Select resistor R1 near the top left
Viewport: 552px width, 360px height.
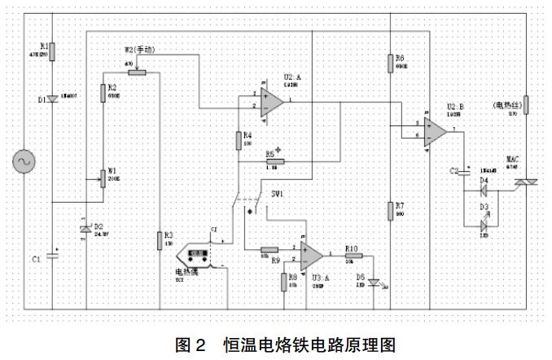pyautogui.click(x=52, y=51)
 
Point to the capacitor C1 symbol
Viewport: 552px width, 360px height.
pyautogui.click(x=52, y=255)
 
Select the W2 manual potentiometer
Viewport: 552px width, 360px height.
pyautogui.click(x=135, y=72)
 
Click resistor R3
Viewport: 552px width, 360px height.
pyautogui.click(x=160, y=239)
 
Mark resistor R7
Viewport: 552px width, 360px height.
pyautogui.click(x=392, y=211)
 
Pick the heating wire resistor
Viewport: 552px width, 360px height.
pyautogui.click(x=525, y=104)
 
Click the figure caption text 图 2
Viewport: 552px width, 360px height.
pyautogui.click(x=194, y=344)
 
